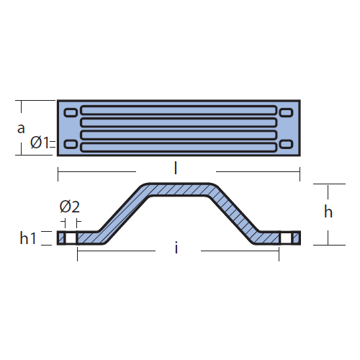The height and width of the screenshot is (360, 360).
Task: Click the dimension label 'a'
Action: point(21,129)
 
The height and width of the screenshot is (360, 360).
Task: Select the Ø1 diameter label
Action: point(40,143)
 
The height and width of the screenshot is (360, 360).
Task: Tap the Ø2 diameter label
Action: point(70,207)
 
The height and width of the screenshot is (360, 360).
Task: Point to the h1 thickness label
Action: point(28,238)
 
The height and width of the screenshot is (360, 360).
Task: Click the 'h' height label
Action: point(328,212)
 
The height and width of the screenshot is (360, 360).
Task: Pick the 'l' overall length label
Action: point(176,168)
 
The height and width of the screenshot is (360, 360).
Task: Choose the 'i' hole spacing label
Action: point(176,248)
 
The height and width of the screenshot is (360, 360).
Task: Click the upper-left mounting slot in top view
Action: point(71,112)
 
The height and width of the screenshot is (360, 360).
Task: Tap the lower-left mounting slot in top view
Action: point(71,144)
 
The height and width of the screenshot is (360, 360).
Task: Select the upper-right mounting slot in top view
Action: point(287,112)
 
